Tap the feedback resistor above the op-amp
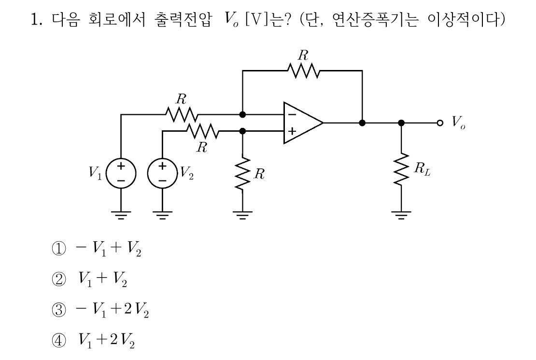coord(304,70)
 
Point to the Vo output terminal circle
coord(440,123)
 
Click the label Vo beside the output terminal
coord(458,122)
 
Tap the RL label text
coord(422,169)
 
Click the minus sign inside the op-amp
coord(292,115)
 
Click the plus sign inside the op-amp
coord(292,131)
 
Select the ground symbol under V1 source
coord(121,215)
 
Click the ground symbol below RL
coord(401,215)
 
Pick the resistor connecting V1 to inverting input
coord(182,114)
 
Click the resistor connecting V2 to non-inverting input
coord(202,131)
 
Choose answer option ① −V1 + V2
coord(96,249)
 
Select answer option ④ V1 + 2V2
coord(93,340)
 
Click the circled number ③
coord(58,310)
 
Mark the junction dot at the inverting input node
coord(243,114)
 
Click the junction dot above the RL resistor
coord(401,123)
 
